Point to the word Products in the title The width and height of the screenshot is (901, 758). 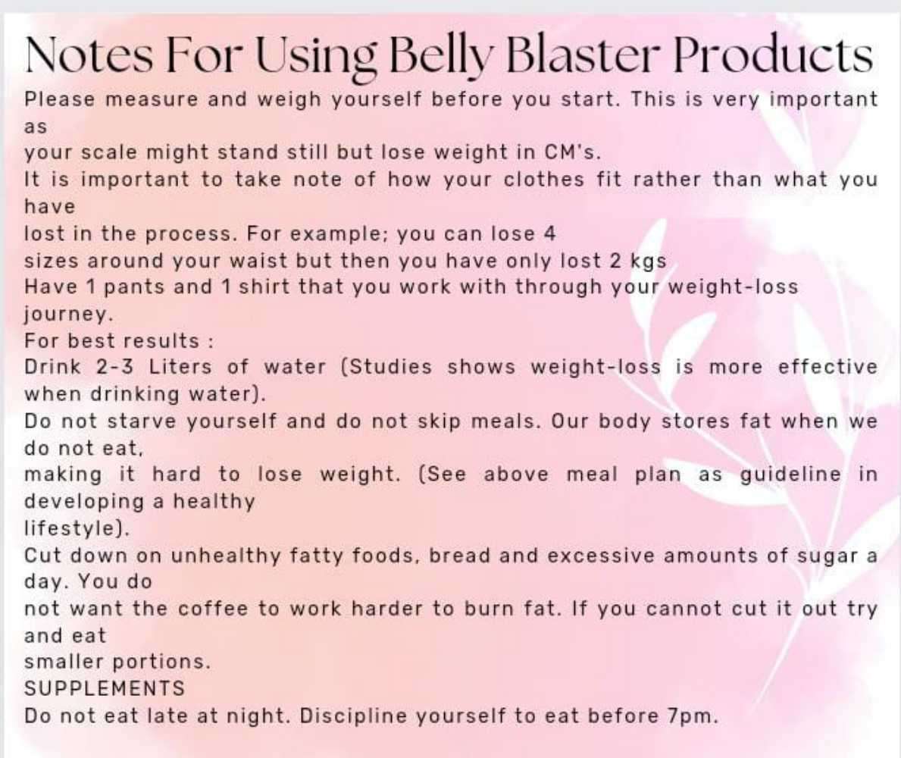point(772,55)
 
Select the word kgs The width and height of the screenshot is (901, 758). point(648,261)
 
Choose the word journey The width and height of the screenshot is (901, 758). point(56,314)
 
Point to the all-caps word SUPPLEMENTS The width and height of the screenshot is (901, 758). point(105,688)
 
